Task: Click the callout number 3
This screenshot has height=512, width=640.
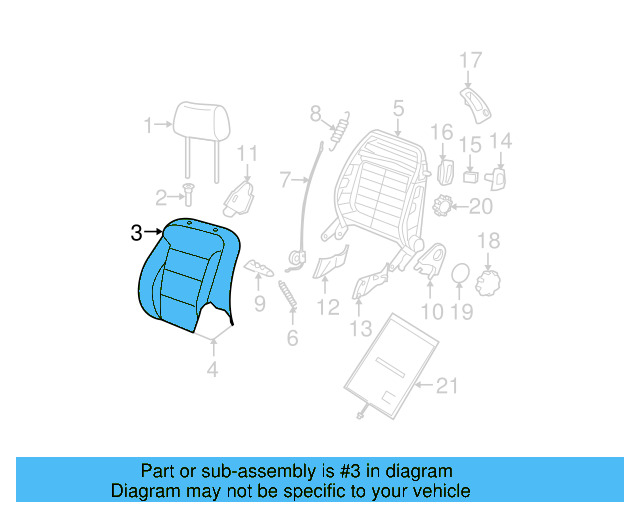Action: (x=137, y=233)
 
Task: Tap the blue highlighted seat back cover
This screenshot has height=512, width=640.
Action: (x=187, y=275)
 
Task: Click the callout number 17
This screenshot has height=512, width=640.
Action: (x=471, y=62)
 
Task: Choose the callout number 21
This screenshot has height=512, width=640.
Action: (x=447, y=385)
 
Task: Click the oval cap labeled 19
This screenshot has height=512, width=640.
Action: (x=459, y=274)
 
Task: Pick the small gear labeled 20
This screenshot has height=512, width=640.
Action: (x=445, y=207)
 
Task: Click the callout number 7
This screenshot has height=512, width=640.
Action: (x=284, y=181)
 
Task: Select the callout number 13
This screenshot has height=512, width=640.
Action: (x=360, y=328)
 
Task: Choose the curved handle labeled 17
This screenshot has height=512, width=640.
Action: (x=475, y=102)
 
